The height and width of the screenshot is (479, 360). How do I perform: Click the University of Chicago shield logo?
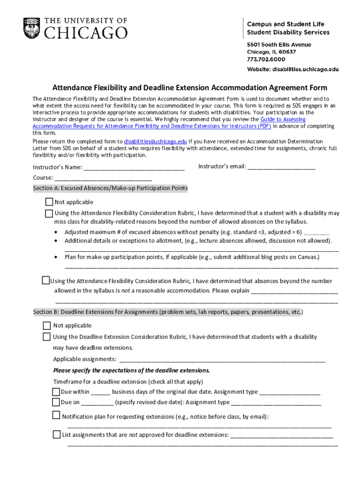click(32, 28)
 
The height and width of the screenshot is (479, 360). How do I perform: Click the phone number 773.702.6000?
click(266, 59)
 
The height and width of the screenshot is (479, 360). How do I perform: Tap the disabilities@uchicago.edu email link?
click(155, 141)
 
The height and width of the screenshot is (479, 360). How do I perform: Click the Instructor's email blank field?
click(281, 167)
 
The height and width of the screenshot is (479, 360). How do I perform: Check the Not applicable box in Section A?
click(49, 202)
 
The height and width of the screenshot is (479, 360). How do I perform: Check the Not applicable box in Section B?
click(47, 326)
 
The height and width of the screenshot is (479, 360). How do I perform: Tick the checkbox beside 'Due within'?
click(56, 392)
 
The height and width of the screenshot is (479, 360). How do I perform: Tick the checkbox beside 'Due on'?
click(56, 402)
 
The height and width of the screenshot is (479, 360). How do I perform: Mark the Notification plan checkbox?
click(57, 415)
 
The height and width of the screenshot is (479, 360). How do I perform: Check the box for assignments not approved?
click(57, 435)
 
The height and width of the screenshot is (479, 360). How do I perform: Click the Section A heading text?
click(110, 189)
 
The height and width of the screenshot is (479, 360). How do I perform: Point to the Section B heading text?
click(168, 312)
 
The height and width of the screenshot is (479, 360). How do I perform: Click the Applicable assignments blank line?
click(222, 359)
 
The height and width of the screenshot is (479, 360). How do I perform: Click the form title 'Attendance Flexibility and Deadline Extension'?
click(189, 88)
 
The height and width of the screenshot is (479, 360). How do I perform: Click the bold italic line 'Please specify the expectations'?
click(131, 370)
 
